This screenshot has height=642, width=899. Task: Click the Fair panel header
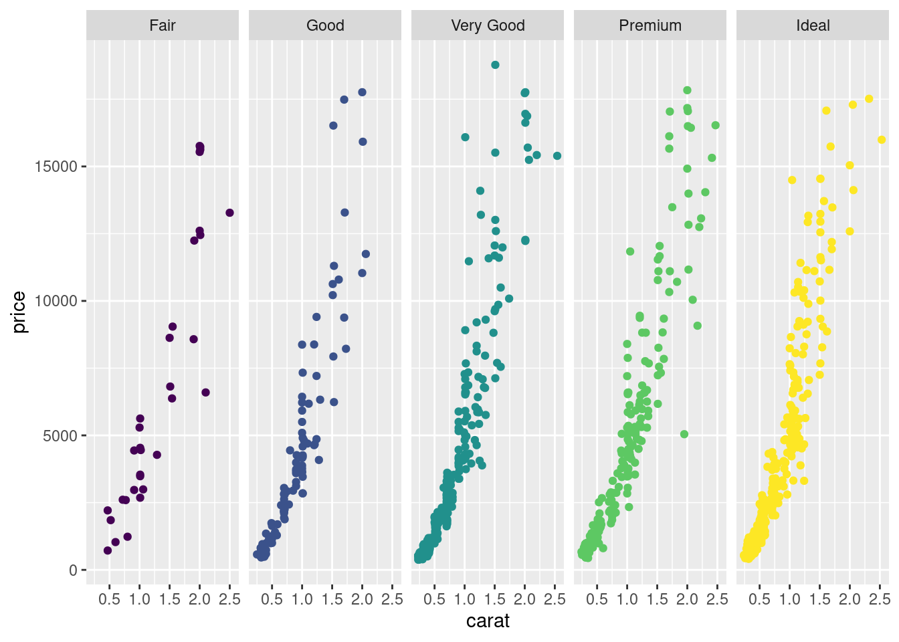pyautogui.click(x=163, y=25)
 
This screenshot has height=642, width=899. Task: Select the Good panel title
pyautogui.click(x=325, y=25)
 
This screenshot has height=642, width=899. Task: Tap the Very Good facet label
pyautogui.click(x=488, y=25)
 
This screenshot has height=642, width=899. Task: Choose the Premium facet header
pyautogui.click(x=650, y=25)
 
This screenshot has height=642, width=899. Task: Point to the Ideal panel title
pyautogui.click(x=813, y=25)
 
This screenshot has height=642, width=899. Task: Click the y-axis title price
pyautogui.click(x=19, y=312)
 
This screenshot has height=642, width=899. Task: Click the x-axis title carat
pyautogui.click(x=488, y=621)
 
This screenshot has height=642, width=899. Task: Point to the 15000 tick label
pyautogui.click(x=56, y=167)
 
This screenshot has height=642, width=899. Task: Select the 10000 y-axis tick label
pyautogui.click(x=56, y=301)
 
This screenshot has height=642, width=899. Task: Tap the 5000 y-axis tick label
pyautogui.click(x=60, y=436)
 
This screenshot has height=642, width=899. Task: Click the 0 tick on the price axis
pyautogui.click(x=74, y=570)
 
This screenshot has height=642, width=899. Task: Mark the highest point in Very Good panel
pyautogui.click(x=495, y=65)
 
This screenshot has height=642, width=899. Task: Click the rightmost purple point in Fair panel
pyautogui.click(x=229, y=213)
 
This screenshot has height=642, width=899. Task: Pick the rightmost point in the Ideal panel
pyautogui.click(x=882, y=140)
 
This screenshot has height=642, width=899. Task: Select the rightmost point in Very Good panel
pyautogui.click(x=557, y=156)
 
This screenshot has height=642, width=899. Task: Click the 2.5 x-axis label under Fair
pyautogui.click(x=229, y=599)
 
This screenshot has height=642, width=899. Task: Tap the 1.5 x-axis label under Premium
pyautogui.click(x=657, y=599)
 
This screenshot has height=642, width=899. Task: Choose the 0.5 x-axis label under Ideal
pyautogui.click(x=759, y=599)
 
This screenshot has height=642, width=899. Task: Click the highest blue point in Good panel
pyautogui.click(x=362, y=92)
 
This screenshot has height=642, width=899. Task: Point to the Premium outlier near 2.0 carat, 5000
pyautogui.click(x=684, y=434)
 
